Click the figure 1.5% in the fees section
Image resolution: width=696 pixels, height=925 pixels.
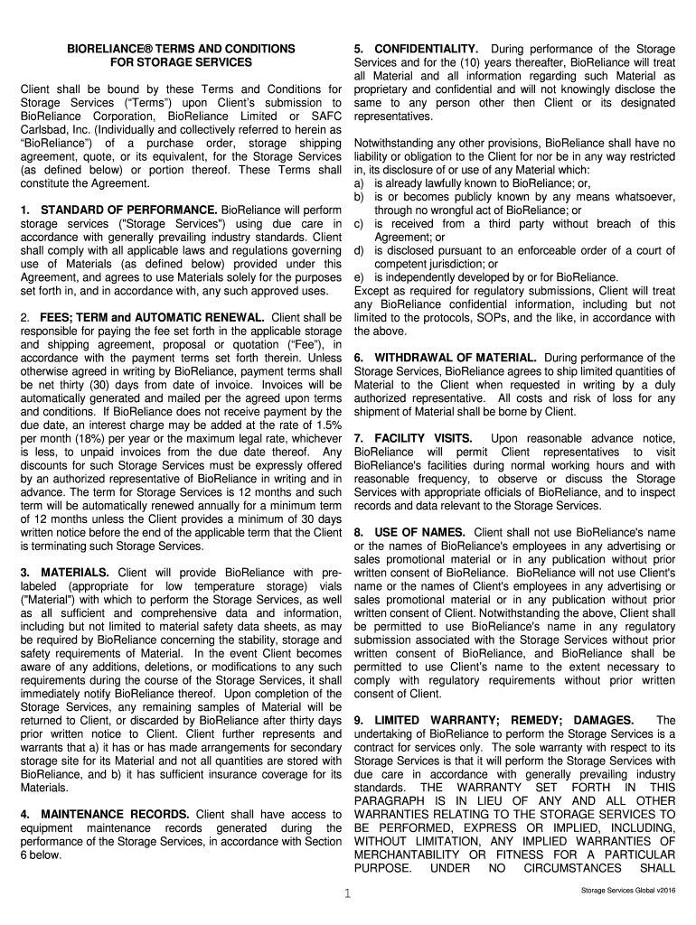tap(327, 425)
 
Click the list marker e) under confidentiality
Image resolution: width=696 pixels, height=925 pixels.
tap(360, 276)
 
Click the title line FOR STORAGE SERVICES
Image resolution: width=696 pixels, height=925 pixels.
tap(181, 62)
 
